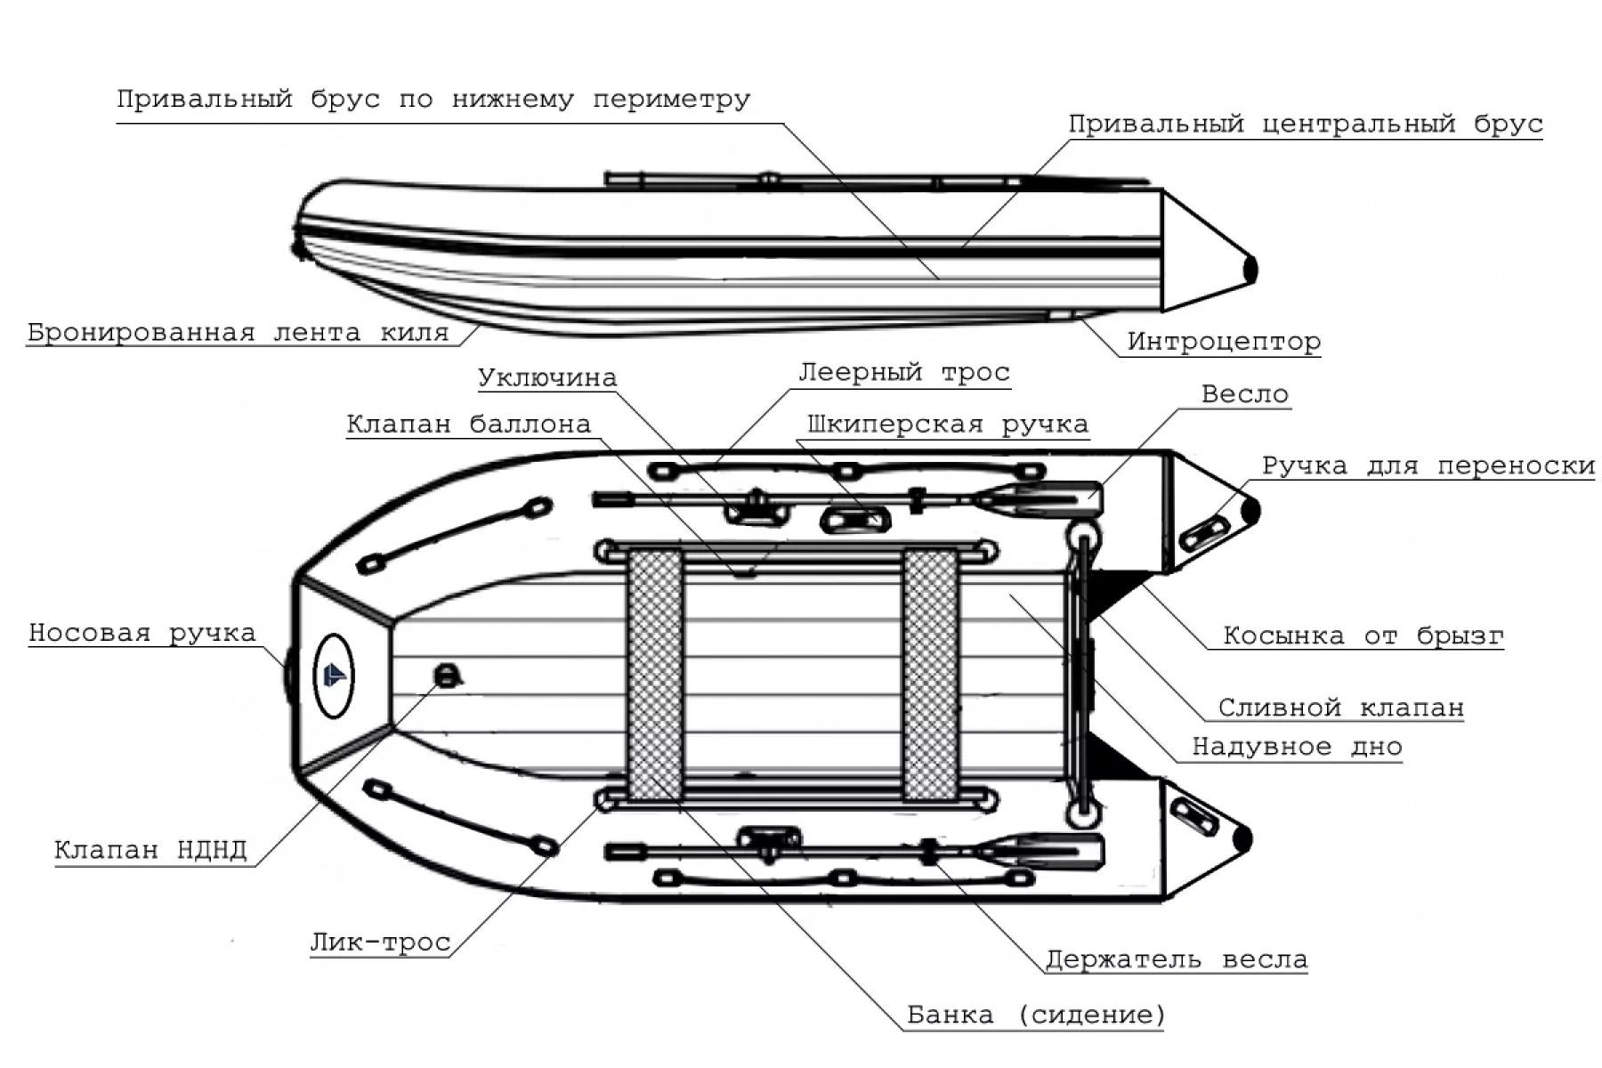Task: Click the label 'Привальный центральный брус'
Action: (1305, 125)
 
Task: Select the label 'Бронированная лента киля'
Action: (238, 333)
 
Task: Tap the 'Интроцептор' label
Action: (1224, 342)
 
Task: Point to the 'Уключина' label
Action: (547, 378)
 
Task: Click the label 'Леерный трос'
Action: (904, 372)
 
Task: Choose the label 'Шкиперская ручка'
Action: (948, 425)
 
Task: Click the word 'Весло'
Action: (1244, 394)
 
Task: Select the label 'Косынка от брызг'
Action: (1363, 635)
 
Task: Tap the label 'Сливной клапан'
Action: (1340, 708)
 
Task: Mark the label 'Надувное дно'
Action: (1297, 747)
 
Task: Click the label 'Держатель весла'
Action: (1176, 960)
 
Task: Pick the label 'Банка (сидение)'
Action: (1036, 1015)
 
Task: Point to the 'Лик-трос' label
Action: (380, 943)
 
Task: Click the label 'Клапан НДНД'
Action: (150, 850)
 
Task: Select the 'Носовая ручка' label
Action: (142, 634)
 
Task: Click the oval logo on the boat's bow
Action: (334, 676)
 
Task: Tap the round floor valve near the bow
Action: (446, 676)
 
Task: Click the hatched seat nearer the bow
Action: (656, 675)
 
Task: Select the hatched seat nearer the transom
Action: (930, 675)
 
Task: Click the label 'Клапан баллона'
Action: (468, 425)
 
